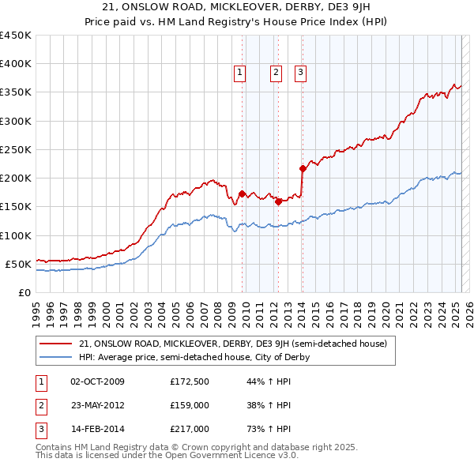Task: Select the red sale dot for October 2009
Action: pyautogui.click(x=242, y=194)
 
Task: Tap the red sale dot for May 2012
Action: pyautogui.click(x=278, y=201)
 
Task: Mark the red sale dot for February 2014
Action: pyautogui.click(x=303, y=168)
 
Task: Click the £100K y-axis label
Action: pyautogui.click(x=16, y=235)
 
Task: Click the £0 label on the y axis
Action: pyautogui.click(x=24, y=292)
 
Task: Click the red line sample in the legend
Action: pyautogui.click(x=56, y=344)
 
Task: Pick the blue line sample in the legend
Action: pyautogui.click(x=56, y=357)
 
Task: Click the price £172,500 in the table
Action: pyautogui.click(x=190, y=382)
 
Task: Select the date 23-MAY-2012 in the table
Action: pyautogui.click(x=97, y=406)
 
